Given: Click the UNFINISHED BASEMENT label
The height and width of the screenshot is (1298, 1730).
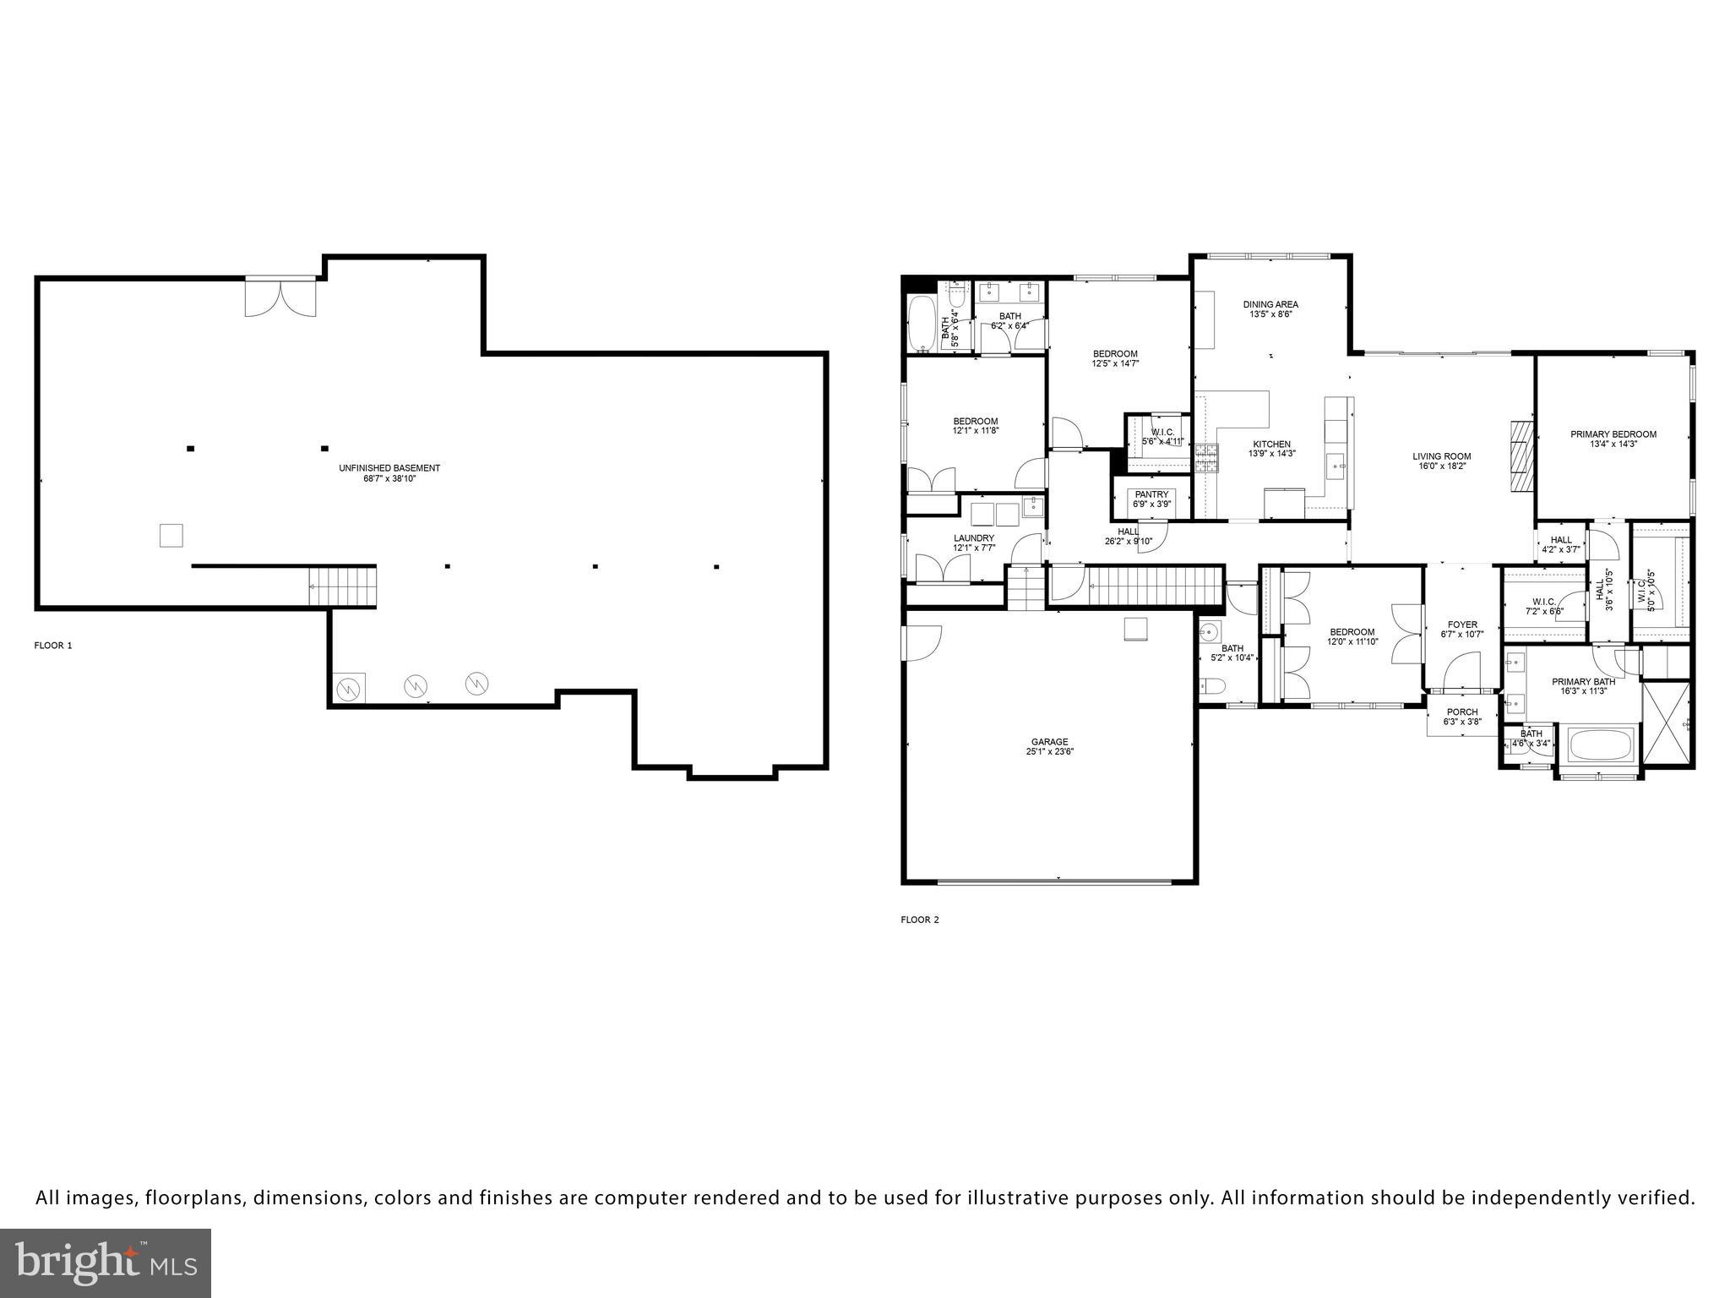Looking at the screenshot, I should point(389,468).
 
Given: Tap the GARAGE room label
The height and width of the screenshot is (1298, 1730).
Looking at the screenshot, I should point(1048,742).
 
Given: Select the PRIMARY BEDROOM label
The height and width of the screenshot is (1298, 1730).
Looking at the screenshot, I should point(1613,434).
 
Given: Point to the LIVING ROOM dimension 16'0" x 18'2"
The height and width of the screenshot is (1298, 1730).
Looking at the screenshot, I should point(1442,466).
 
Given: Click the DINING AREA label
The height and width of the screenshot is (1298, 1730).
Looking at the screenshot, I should point(1270,304).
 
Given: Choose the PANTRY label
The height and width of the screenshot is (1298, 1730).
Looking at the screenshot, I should point(1151,494).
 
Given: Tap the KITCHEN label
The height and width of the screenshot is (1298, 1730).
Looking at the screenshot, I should point(1271,444).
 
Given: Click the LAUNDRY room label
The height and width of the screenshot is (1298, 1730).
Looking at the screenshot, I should point(974,538).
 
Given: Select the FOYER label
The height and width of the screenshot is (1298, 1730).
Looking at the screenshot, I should point(1462,625).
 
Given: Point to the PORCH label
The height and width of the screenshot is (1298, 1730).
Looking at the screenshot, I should point(1462,712).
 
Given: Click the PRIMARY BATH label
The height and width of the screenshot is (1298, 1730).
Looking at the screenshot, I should point(1583,682).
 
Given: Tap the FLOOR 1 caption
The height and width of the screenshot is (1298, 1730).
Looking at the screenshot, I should point(53,646).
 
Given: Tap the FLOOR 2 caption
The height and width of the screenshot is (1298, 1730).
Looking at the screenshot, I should point(920,919).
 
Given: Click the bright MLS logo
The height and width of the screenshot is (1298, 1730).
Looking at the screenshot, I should point(106,1263).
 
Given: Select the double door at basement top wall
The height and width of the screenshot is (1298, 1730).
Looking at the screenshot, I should point(280,296).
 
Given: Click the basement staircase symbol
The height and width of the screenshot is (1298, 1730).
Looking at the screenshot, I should point(341,586).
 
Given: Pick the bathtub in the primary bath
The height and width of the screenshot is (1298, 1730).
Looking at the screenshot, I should point(1602,746).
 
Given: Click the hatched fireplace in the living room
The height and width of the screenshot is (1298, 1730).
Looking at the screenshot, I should point(1520,455).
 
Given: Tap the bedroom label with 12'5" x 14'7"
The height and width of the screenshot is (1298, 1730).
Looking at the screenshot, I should point(1115,354).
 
